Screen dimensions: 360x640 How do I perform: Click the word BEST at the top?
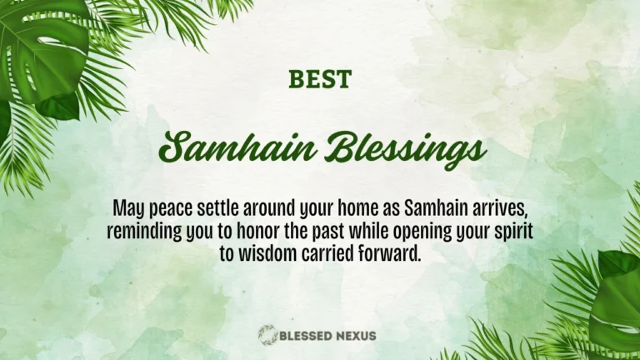(x=320, y=80)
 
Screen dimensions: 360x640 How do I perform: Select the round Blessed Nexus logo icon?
(x=267, y=336)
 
